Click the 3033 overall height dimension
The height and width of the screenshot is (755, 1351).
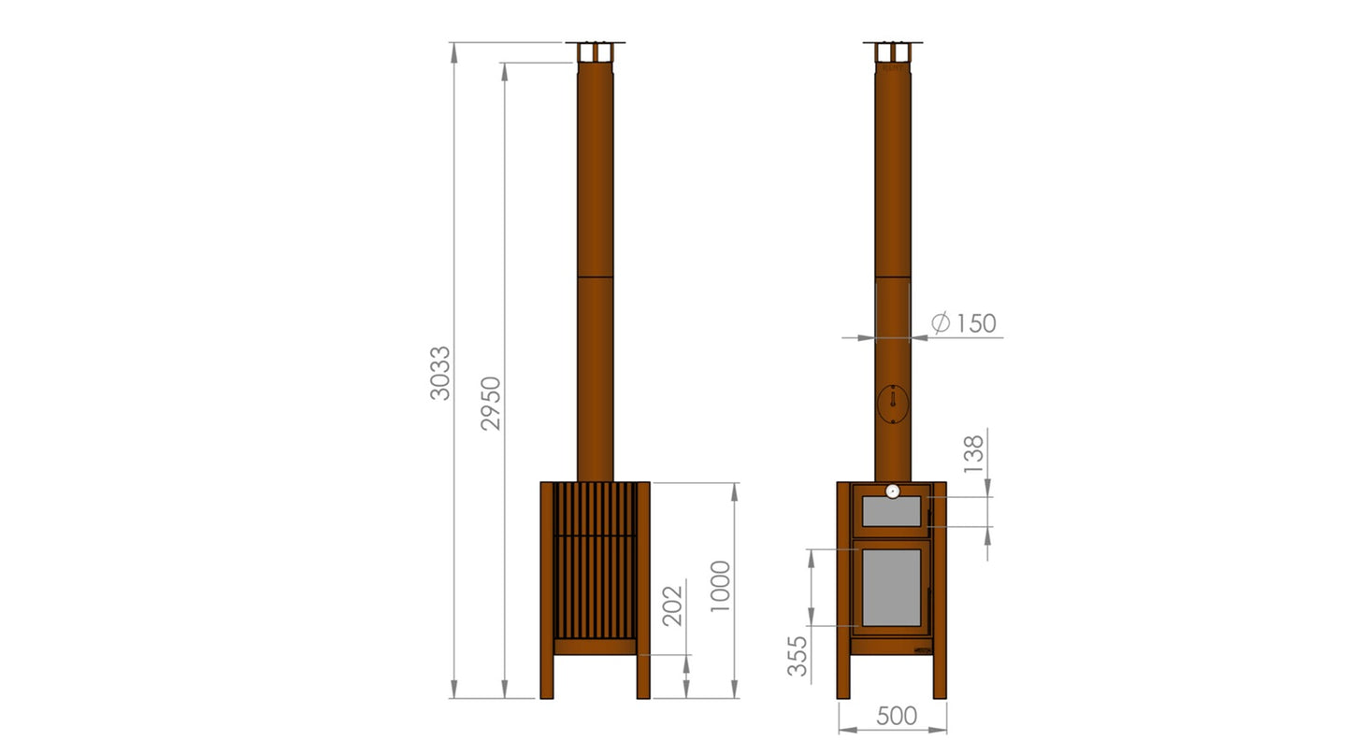[440, 373]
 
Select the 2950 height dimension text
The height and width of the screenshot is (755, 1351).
[492, 403]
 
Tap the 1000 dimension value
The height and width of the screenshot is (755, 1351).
[720, 586]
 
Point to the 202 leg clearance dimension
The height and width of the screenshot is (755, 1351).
[672, 605]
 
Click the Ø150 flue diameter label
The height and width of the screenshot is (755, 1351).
[964, 323]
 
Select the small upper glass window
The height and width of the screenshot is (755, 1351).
[891, 512]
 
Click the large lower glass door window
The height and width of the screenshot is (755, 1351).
[891, 588]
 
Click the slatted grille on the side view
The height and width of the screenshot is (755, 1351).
[595, 561]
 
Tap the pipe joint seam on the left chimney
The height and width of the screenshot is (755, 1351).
[595, 277]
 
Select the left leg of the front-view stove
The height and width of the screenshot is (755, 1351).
[844, 675]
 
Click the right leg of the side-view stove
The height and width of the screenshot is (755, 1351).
[643, 675]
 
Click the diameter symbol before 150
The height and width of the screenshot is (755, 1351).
[941, 323]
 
